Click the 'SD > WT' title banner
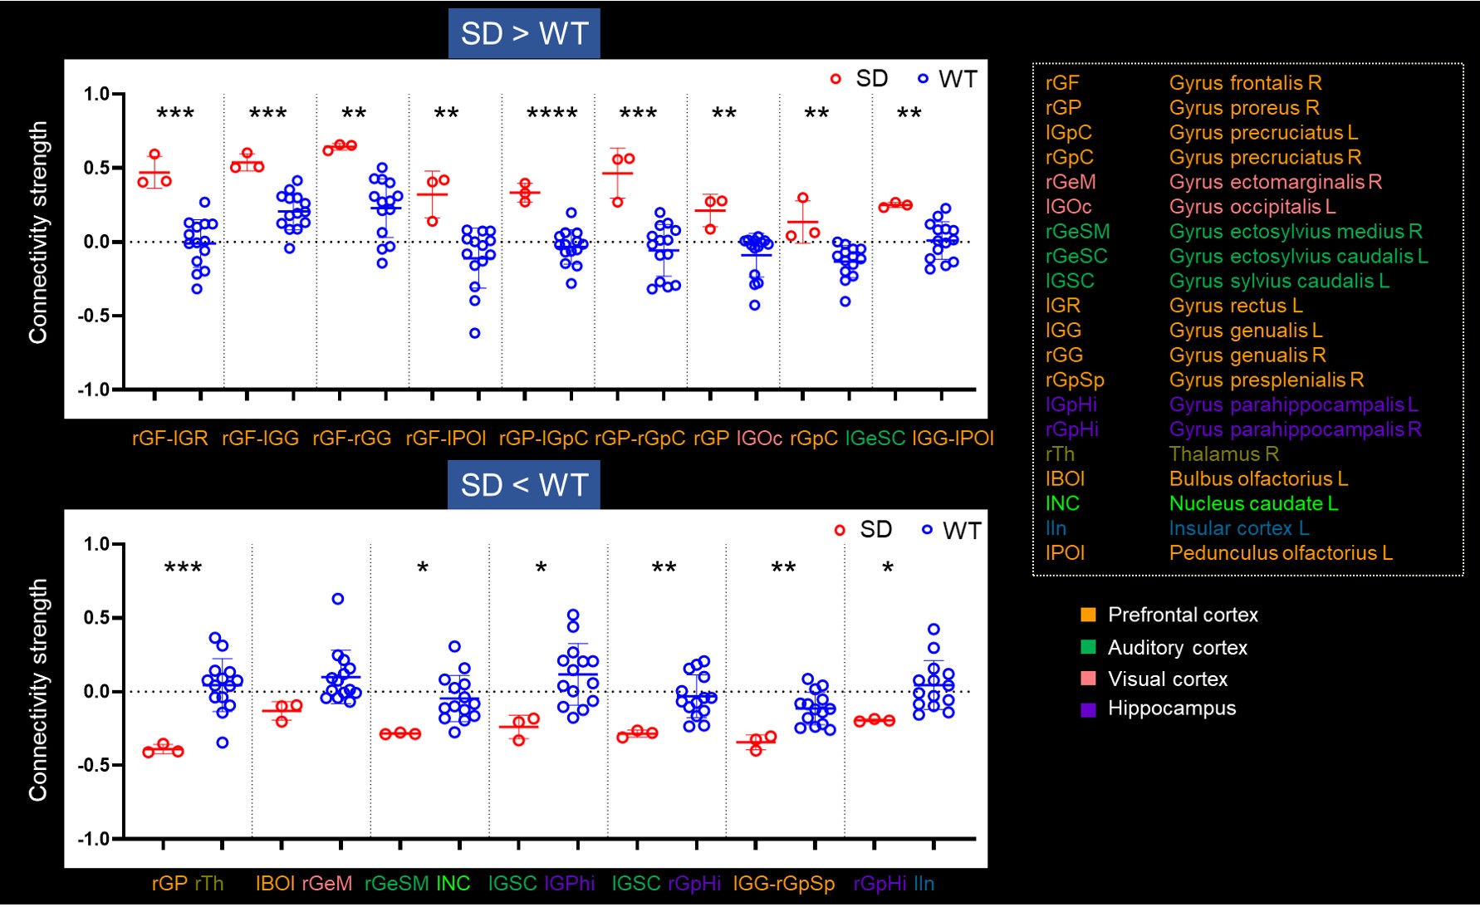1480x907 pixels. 524,33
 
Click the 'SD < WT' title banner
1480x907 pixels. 524,484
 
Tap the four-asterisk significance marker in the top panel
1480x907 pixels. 552,114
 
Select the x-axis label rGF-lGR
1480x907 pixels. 169,439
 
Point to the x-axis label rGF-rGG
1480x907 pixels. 351,439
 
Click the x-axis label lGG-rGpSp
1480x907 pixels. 783,884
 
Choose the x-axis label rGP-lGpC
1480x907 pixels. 543,439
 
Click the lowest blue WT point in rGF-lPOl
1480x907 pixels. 475,333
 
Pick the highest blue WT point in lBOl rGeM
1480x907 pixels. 338,599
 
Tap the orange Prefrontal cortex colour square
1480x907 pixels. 1088,615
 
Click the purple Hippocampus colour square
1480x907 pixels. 1088,709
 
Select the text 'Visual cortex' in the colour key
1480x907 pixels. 1167,679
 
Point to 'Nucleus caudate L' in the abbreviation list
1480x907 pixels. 1253,503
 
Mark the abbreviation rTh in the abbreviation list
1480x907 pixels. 1060,454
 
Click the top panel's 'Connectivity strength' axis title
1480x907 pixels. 38,233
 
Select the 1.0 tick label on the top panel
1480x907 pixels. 96,94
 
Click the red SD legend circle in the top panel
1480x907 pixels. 836,79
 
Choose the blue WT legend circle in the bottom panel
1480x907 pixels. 927,530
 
